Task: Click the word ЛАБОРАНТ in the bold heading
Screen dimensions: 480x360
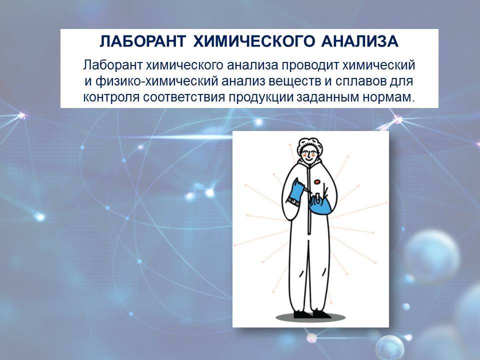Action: [142, 41]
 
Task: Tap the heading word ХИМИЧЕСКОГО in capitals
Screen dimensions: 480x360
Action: [254, 41]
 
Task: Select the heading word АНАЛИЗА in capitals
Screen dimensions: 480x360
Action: [360, 41]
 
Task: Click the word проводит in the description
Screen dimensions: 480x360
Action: [310, 65]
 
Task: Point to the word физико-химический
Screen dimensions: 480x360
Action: [156, 81]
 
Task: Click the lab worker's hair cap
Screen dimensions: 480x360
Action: [310, 145]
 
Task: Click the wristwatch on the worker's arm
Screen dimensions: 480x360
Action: [293, 201]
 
